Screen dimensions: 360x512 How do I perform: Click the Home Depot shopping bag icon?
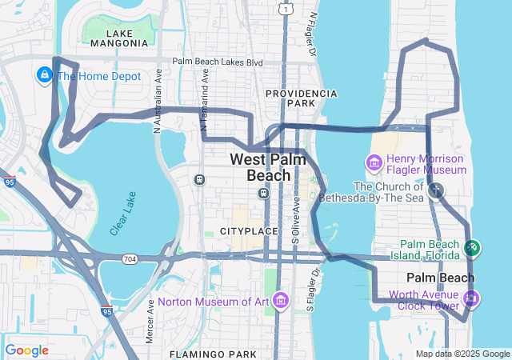[x=45, y=76]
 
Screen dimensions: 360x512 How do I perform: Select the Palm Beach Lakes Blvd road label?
[x=218, y=62]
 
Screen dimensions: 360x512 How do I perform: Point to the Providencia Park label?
[x=301, y=98]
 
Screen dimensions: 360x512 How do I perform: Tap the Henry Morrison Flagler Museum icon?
[x=374, y=164]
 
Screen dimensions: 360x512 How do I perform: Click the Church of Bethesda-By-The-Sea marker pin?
[x=436, y=190]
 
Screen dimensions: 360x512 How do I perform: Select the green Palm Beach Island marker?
[x=472, y=249]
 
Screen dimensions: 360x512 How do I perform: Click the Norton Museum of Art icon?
[x=280, y=301]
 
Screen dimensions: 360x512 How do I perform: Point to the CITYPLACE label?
[x=249, y=231]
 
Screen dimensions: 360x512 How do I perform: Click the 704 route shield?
[x=130, y=259]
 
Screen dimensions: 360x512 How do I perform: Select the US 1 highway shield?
[x=285, y=8]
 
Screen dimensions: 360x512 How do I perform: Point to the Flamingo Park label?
[x=212, y=353]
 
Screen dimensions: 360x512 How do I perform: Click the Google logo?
[x=26, y=350]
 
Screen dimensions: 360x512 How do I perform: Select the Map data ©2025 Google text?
[x=462, y=354]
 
